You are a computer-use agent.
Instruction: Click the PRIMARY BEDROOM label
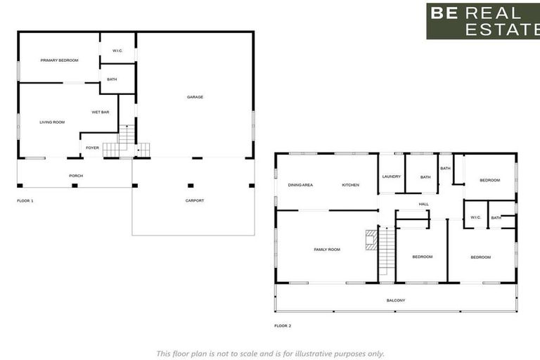pos(59,60)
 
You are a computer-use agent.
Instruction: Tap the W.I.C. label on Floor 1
pos(117,51)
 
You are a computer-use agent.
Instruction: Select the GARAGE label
pos(195,97)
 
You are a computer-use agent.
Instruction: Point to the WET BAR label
pos(100,112)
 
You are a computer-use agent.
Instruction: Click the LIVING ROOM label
pos(52,122)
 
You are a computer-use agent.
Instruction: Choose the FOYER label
pos(93,148)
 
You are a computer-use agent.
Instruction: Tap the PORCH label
pos(76,176)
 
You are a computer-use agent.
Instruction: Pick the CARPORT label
pos(195,201)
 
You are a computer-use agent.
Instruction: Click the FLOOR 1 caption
pos(25,201)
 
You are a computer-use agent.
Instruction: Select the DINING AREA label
pos(300,185)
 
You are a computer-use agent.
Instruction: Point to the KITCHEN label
pos(350,185)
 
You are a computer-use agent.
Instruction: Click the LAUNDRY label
pos(391,177)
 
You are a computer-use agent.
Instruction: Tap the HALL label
pos(424,205)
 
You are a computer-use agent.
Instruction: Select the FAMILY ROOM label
pos(327,250)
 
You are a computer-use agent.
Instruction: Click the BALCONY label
pos(396,300)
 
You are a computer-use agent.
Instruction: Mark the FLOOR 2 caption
pos(283,326)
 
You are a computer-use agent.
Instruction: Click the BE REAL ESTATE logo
pos(482,21)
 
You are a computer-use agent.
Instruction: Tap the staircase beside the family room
pos(387,252)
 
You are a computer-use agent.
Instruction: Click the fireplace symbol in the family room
pos(371,240)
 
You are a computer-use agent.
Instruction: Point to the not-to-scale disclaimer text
pos(270,354)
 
